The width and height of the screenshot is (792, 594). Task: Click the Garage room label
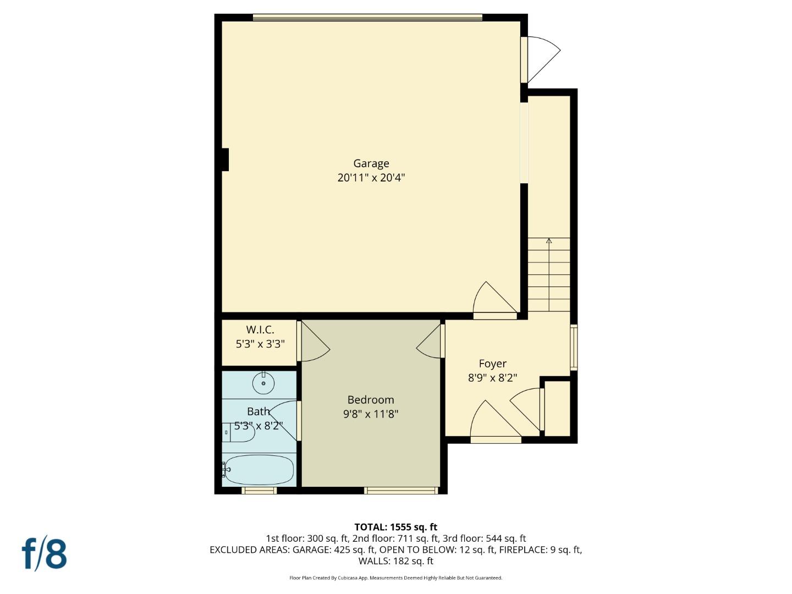tap(371, 163)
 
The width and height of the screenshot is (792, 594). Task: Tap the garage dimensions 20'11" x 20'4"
tap(371, 178)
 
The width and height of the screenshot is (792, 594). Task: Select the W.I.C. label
tap(260, 330)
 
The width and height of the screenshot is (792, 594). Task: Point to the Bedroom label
tap(370, 400)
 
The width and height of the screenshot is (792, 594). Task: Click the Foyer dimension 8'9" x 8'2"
tap(492, 378)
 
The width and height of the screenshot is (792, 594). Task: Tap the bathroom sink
tap(263, 383)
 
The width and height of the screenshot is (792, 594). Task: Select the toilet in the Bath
tap(239, 433)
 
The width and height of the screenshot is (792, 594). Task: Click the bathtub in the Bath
tap(258, 469)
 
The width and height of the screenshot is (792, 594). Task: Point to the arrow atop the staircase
tap(549, 241)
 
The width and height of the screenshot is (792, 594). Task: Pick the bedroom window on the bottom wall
tap(401, 490)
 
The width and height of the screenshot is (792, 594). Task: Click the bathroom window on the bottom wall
tap(258, 490)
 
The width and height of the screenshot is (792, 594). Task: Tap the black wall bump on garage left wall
tap(225, 159)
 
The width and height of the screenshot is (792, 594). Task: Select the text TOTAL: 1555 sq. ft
tap(395, 527)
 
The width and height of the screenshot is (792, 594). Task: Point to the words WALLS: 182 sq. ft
tap(395, 561)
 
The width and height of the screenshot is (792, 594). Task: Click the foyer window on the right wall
tap(573, 347)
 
